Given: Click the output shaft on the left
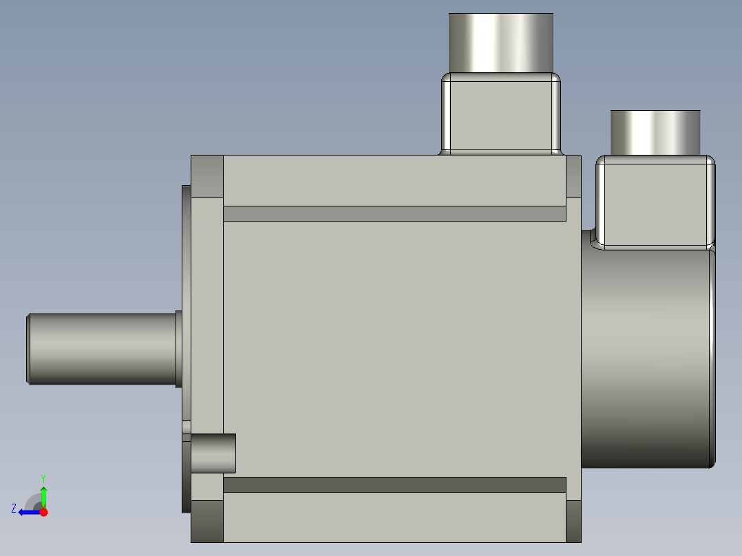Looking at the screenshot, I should click(103, 349).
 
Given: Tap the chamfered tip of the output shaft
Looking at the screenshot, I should click(28, 349).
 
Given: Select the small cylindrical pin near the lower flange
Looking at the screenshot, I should click(213, 453).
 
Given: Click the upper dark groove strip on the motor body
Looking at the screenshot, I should click(394, 213).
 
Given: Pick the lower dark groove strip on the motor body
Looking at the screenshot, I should click(394, 484).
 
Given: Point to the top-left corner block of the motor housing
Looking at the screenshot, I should click(207, 177).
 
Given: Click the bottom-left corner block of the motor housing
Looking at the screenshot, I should click(207, 521).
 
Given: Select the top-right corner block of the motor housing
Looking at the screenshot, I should click(573, 177).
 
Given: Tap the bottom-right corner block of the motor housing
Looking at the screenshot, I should click(573, 521).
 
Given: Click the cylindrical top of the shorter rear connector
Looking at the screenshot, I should click(655, 132).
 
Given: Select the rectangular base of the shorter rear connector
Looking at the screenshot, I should click(655, 201).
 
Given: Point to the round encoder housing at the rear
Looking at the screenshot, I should click(647, 358).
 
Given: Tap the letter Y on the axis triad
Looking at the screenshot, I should click(43, 478).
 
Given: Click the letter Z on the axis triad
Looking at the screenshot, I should click(14, 508).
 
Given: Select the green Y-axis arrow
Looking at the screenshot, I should click(43, 494).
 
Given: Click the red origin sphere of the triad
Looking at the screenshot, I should click(44, 512).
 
